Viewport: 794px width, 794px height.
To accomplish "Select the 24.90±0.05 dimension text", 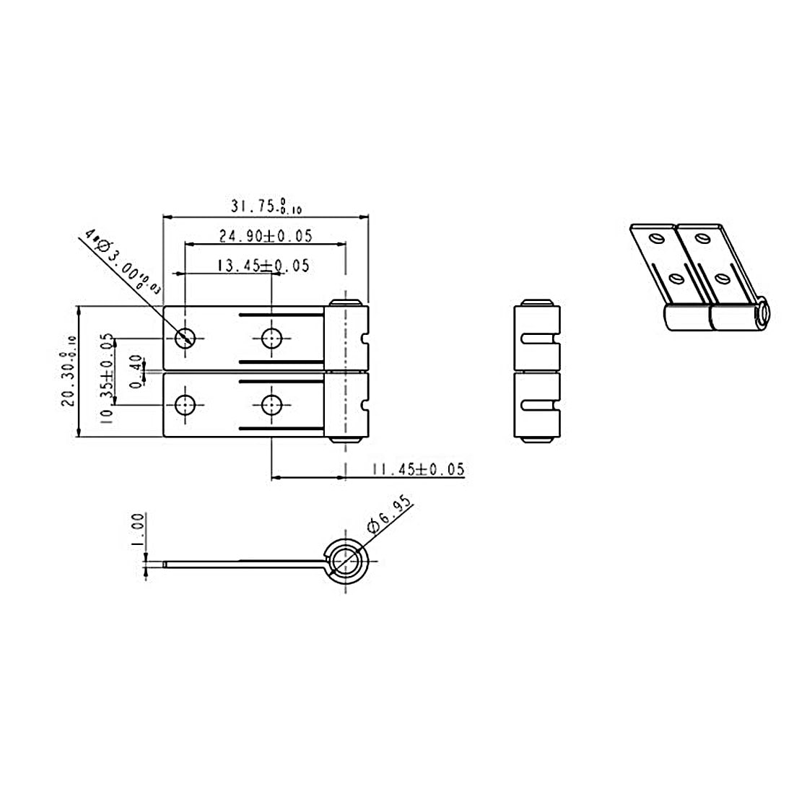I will click(x=265, y=235).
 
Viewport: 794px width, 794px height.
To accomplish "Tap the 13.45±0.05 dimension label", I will click(x=263, y=266).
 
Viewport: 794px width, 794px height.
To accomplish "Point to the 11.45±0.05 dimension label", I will click(x=417, y=470).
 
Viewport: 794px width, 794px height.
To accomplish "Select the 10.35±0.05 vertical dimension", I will click(x=107, y=377).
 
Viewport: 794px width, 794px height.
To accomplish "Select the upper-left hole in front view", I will click(x=186, y=337).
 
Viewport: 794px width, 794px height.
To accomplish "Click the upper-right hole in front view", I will click(x=271, y=337).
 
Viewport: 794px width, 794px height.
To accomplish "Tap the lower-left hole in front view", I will click(x=186, y=405).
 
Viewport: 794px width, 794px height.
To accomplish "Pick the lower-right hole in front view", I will click(x=271, y=405).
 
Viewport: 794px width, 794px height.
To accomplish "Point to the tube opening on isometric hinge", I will click(x=762, y=313).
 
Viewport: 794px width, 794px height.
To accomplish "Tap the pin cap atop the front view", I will click(x=346, y=301).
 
